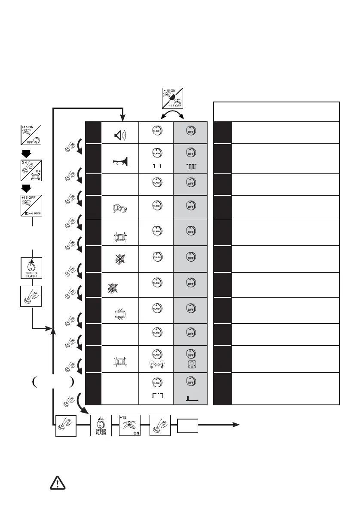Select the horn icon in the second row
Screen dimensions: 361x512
[120, 163]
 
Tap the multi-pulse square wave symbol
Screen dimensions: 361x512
[190, 166]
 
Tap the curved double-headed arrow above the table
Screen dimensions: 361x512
[173, 114]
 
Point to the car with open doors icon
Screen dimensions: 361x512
[120, 311]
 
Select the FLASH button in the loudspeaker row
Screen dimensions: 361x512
[156, 133]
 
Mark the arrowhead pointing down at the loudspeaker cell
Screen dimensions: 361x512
[122, 118]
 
